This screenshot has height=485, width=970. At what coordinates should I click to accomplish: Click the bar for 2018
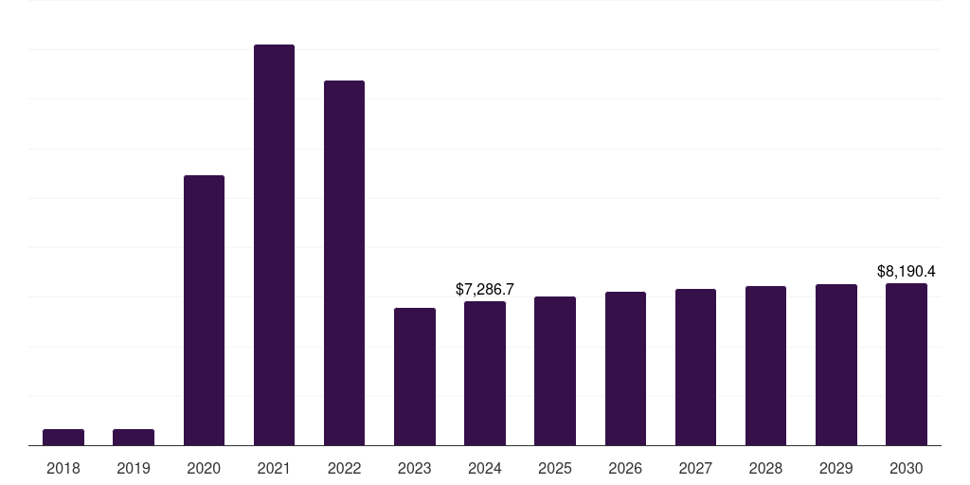[63, 437]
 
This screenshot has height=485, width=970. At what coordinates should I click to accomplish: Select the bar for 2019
[134, 437]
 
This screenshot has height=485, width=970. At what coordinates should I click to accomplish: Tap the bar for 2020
[204, 310]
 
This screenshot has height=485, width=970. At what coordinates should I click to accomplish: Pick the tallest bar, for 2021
[274, 244]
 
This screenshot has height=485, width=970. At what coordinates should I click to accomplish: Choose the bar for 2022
[344, 262]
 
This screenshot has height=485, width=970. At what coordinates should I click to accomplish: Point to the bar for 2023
[415, 376]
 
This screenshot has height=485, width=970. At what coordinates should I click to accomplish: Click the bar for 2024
[485, 373]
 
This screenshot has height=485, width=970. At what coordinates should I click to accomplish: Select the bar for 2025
[555, 370]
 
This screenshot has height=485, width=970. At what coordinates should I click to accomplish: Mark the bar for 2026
[625, 368]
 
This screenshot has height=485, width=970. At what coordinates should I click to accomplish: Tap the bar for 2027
[695, 367]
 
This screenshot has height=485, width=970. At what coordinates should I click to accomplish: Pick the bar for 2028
[765, 366]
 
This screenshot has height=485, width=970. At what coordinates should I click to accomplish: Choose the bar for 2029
[836, 365]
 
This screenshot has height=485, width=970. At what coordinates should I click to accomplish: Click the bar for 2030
[907, 364]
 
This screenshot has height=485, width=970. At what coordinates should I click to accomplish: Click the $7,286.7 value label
[485, 288]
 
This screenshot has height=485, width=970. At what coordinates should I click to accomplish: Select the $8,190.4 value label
[907, 271]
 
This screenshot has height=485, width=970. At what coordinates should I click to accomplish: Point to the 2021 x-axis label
[274, 468]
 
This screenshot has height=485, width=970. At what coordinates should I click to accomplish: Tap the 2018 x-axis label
[63, 468]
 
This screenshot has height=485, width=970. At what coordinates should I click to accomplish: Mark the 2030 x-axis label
[907, 468]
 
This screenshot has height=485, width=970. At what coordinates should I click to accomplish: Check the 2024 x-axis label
[485, 468]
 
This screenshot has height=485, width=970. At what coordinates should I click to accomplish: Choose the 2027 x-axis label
[695, 468]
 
